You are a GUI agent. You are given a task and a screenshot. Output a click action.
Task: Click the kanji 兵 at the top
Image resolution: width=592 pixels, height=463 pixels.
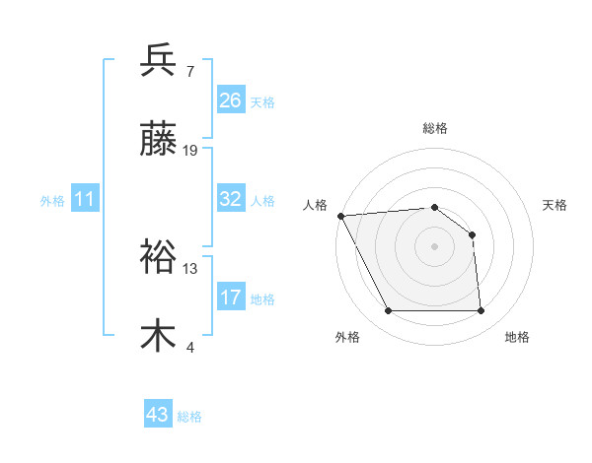[158, 60]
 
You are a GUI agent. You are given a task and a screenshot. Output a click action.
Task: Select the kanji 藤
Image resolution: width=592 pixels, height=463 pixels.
[158, 141]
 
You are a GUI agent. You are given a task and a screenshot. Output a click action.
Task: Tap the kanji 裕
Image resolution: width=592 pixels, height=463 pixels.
[158, 257]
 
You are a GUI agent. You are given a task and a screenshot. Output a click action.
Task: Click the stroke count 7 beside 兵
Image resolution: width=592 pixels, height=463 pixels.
[190, 72]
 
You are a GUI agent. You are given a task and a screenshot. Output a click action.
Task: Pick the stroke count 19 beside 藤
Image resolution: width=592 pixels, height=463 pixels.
[191, 152]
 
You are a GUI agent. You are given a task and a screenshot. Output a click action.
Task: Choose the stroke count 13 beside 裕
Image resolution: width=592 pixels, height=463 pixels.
[190, 268]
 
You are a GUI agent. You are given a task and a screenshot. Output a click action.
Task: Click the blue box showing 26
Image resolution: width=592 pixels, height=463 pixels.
[231, 100]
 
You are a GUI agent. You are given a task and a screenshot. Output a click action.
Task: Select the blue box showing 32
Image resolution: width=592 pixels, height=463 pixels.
[231, 199]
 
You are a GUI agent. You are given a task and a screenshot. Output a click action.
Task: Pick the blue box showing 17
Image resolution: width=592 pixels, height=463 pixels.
[231, 298]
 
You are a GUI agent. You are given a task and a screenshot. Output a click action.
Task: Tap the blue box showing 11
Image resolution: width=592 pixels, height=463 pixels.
[85, 199]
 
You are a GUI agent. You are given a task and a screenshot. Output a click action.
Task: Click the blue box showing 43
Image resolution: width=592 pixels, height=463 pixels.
[158, 415]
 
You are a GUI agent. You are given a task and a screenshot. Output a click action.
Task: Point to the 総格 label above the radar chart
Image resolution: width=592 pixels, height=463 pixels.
[435, 128]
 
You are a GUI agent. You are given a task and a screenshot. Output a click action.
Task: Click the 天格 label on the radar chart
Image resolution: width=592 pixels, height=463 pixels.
[555, 205]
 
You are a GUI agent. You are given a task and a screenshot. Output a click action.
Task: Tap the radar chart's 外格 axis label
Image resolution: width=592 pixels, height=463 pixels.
[347, 337]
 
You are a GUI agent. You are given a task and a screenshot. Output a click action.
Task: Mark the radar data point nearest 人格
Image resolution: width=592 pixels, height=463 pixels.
[340, 216]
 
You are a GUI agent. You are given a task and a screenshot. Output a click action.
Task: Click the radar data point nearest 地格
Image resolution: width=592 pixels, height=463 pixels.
[481, 311]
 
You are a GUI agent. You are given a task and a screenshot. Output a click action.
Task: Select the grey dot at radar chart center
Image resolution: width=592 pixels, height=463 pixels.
[435, 246]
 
